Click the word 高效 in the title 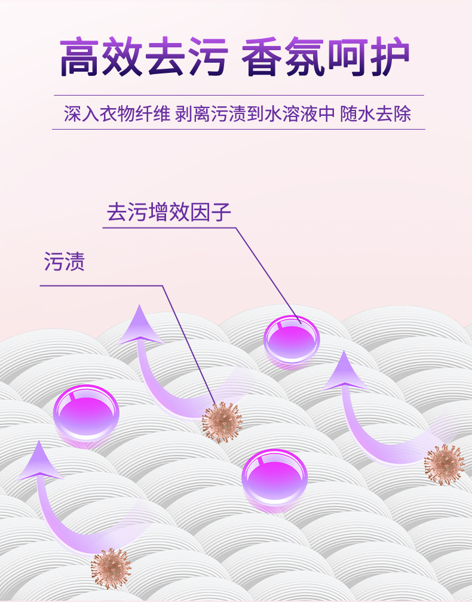[101, 57]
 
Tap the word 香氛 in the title [284, 57]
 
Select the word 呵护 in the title [369, 57]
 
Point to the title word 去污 [186, 57]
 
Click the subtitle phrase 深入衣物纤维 [117, 113]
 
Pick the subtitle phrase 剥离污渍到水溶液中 [255, 113]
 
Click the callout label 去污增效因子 [169, 213]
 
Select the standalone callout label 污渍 [65, 262]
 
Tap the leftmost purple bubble [86, 412]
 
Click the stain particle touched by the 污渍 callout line [222, 422]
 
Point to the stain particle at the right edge [443, 464]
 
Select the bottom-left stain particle [111, 568]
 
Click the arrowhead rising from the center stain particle [140, 326]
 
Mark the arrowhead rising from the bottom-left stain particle [39, 461]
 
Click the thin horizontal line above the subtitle [239, 96]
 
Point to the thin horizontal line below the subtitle [239, 129]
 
